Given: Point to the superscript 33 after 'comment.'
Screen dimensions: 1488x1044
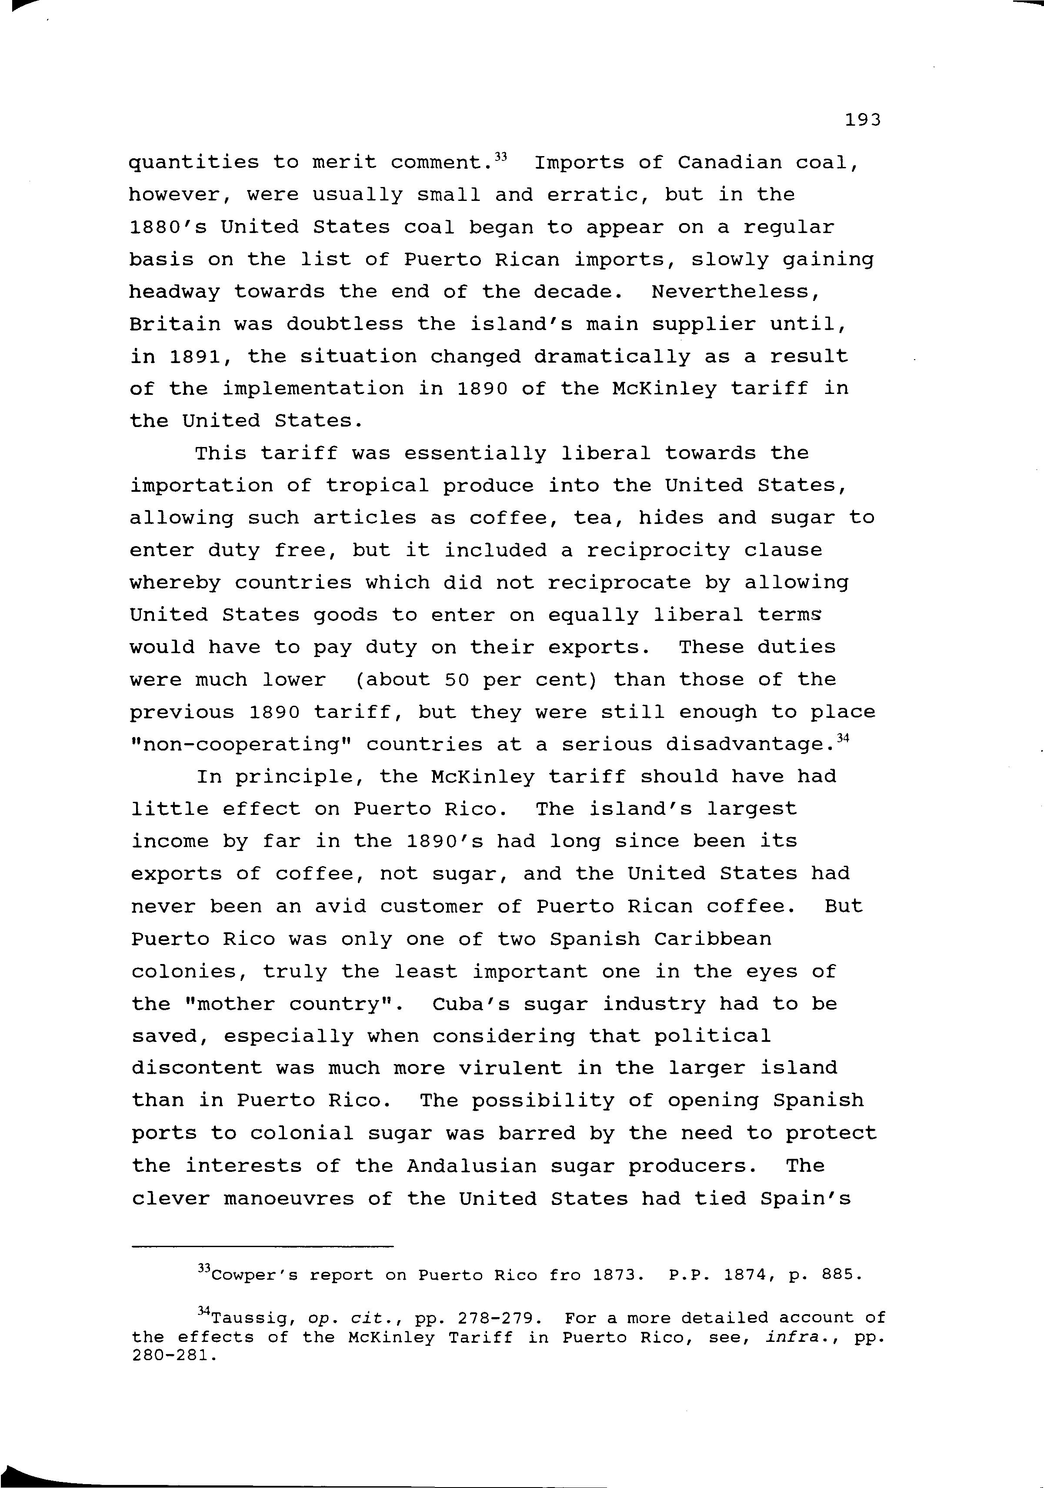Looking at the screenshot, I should [x=500, y=156].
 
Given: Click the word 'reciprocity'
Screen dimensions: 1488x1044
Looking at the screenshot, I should [x=658, y=550].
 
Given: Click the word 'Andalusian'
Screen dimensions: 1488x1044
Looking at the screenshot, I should [x=472, y=1166].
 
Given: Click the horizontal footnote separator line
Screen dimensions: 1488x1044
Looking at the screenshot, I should [x=263, y=1246].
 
